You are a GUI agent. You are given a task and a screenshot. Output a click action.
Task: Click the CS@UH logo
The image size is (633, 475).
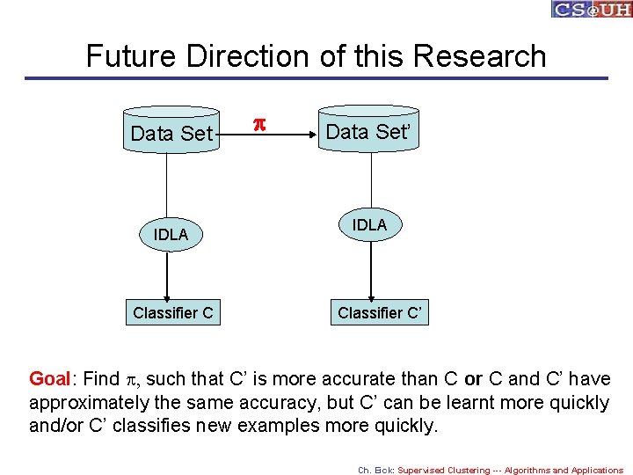click(x=591, y=9)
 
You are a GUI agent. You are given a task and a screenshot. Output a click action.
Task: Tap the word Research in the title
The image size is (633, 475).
click(x=479, y=56)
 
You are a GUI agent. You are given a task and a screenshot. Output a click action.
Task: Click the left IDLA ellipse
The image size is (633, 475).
click(x=171, y=235)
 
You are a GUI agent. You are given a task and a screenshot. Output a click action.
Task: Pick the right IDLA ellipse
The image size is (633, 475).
click(x=370, y=226)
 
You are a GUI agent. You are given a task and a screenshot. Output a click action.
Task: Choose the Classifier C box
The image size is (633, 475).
click(x=172, y=312)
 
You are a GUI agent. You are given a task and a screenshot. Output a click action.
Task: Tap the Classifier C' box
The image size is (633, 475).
click(x=380, y=312)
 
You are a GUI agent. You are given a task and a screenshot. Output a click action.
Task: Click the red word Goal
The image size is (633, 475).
click(x=50, y=379)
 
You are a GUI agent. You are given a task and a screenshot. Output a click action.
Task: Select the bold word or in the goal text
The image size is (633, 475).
click(x=473, y=379)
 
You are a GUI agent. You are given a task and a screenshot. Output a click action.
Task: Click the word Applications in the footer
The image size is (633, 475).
click(x=593, y=470)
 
